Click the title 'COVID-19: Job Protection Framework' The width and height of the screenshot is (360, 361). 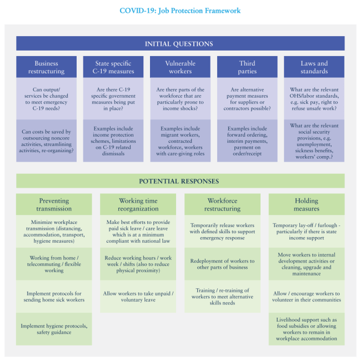tap(180, 11)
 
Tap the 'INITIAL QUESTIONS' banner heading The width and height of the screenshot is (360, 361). tap(180, 44)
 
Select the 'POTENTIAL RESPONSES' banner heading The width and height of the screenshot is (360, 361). tap(180, 181)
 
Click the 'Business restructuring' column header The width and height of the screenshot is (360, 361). tap(46, 67)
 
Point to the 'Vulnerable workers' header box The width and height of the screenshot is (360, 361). tap(180, 67)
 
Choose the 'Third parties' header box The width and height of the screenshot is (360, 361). tap(247, 67)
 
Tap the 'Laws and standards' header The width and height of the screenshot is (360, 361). tap(314, 67)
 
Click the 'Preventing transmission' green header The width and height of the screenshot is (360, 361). tap(54, 205)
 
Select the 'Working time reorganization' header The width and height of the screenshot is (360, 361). tap(138, 205)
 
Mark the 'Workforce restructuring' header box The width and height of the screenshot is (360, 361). tap(222, 205)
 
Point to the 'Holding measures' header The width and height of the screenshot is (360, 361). tap(306, 205)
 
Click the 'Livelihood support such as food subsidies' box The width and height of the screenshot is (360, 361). tap(306, 329)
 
